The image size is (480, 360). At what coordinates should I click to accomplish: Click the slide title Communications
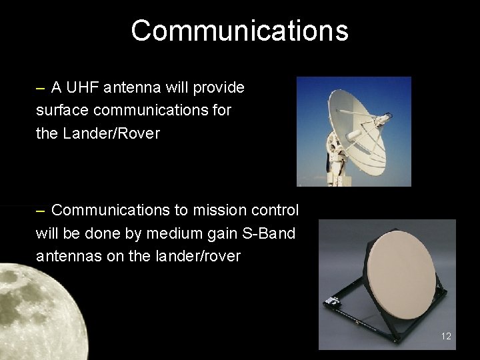[239, 31]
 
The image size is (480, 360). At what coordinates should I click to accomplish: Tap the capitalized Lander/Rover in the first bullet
[111, 133]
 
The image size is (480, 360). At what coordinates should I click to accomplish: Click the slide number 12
[446, 336]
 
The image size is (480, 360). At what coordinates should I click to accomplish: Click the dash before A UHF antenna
[41, 88]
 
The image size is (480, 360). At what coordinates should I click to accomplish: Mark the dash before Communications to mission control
[41, 211]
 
